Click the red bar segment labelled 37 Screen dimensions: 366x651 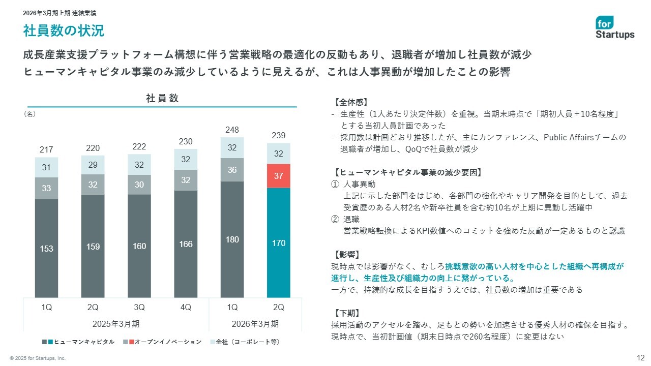278,176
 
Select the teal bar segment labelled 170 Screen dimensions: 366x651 278,242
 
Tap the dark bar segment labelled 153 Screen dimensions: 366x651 46,248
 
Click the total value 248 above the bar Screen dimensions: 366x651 232,130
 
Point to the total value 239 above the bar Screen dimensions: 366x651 278,136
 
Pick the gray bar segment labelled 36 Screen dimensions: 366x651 232,170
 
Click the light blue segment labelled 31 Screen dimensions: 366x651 46,167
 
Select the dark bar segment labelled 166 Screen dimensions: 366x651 186,244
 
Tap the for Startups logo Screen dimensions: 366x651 615,27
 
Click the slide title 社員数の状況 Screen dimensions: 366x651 64,31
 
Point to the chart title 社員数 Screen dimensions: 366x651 162,99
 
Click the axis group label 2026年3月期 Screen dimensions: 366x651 255,324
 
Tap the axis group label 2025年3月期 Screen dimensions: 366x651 116,324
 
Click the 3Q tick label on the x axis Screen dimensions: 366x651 139,307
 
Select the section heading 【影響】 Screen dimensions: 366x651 347,254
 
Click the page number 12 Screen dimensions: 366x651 641,357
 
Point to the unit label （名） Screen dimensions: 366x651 29,114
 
